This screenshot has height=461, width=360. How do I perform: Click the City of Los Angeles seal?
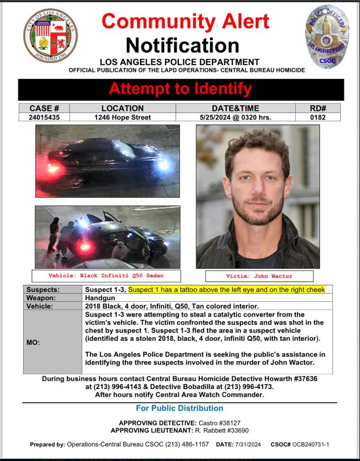pyautogui.click(x=50, y=35)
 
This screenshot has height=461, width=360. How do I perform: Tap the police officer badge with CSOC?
pyautogui.click(x=327, y=35)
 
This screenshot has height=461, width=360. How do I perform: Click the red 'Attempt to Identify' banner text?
pyautogui.click(x=181, y=88)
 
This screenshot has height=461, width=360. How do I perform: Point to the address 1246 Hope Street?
pyautogui.click(x=122, y=117)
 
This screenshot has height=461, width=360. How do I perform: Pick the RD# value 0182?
pyautogui.click(x=317, y=117)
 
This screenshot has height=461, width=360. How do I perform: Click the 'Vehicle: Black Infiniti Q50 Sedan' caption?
pyautogui.click(x=106, y=276)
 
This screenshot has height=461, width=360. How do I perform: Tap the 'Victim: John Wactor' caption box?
pyautogui.click(x=259, y=276)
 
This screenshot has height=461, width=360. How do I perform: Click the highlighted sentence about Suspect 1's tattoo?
pyautogui.click(x=226, y=289)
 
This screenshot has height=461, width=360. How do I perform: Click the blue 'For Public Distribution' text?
pyautogui.click(x=179, y=408)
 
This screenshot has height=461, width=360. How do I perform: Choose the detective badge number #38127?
pyautogui.click(x=228, y=423)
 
